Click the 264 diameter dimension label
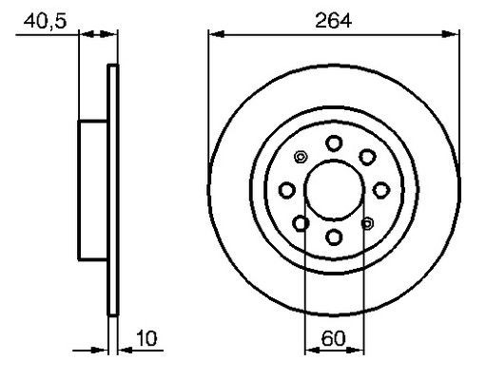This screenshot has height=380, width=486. point(334,21)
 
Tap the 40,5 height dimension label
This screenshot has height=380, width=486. point(45,22)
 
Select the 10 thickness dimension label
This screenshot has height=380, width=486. point(146,338)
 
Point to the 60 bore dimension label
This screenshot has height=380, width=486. point(333,338)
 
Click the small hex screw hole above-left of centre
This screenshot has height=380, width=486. point(301,157)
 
